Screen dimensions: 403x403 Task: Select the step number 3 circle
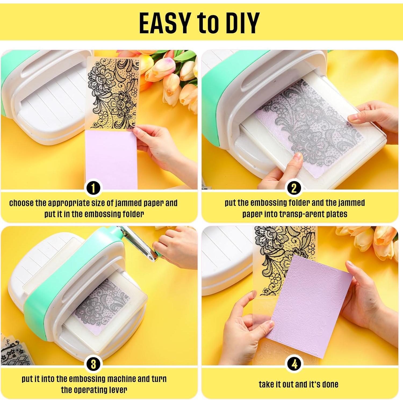coord(93,364)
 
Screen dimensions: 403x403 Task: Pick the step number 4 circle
coord(294,364)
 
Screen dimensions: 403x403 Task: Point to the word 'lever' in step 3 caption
coord(118,390)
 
